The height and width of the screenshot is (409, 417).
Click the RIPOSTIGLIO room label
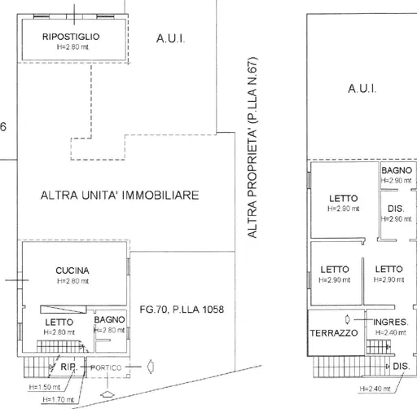click(x=71, y=37)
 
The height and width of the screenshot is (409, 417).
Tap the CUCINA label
click(x=72, y=270)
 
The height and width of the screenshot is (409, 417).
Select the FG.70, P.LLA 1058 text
click(x=182, y=310)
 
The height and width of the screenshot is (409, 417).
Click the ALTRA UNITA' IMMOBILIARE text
click(x=120, y=196)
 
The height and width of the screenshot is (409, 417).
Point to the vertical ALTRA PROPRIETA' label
click(x=252, y=147)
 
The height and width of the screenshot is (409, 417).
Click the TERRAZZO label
click(x=334, y=333)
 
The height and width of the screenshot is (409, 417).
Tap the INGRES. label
click(x=391, y=322)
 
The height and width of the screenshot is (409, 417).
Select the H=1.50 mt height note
click(x=45, y=387)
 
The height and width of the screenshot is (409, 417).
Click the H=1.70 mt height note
click(x=58, y=399)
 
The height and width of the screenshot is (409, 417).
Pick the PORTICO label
click(x=106, y=367)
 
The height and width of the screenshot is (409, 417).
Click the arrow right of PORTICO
click(x=151, y=367)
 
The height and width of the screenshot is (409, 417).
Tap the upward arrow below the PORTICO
click(x=108, y=394)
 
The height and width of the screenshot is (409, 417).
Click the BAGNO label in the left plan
click(x=109, y=319)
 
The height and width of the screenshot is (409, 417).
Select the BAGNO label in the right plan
click(x=397, y=170)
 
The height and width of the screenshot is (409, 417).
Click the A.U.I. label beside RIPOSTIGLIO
click(x=170, y=38)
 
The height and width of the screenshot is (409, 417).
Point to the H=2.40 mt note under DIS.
click(x=375, y=389)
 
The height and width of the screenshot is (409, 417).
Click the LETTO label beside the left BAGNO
click(x=59, y=323)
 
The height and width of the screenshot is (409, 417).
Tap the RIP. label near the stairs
click(x=69, y=367)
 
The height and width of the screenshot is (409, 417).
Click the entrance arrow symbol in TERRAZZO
click(x=348, y=319)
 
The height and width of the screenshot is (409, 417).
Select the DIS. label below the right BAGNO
click(x=396, y=209)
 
